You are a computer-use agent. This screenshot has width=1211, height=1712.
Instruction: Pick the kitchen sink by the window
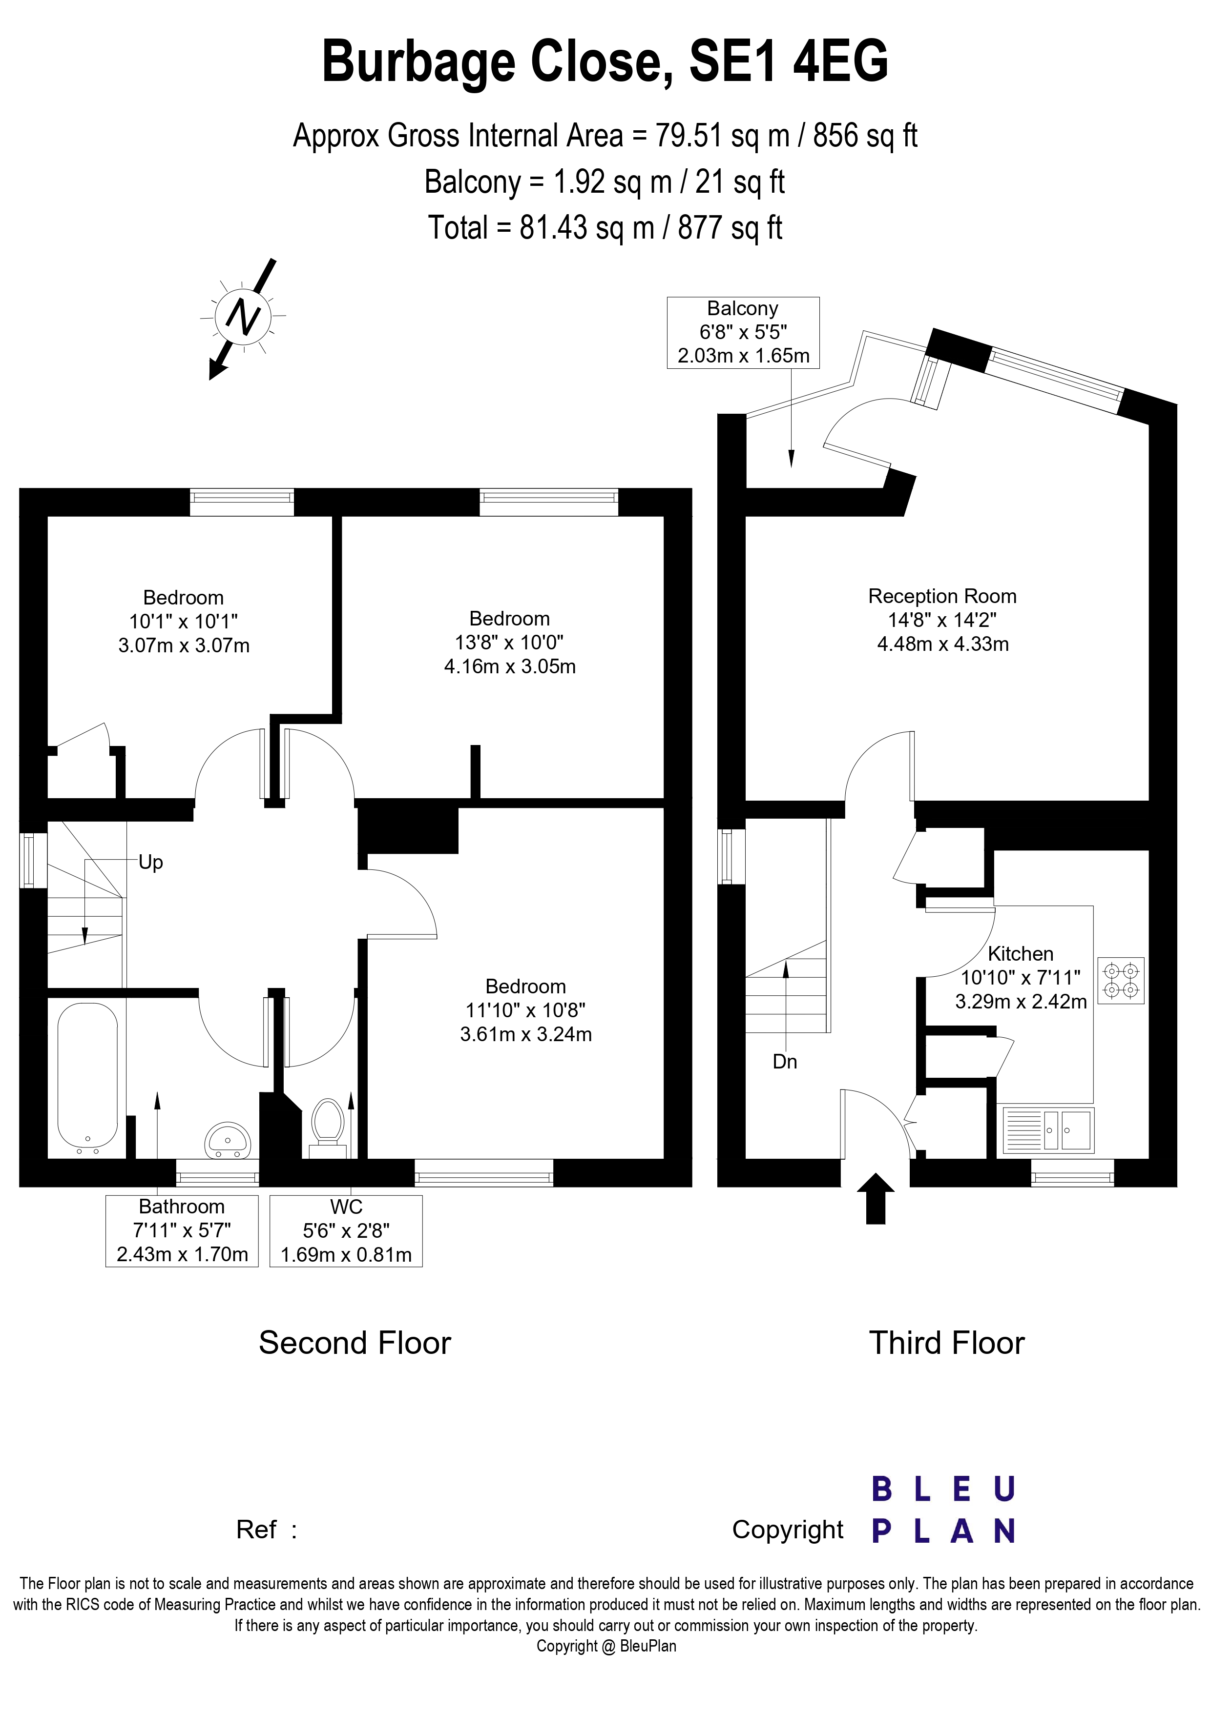(x=1048, y=1129)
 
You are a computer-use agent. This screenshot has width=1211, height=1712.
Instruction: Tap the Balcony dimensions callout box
(x=743, y=333)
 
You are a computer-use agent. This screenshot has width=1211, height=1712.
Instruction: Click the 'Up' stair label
(x=151, y=862)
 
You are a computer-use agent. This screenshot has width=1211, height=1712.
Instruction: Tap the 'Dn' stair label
(x=785, y=1061)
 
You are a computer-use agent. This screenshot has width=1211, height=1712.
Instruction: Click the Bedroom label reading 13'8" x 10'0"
(x=510, y=642)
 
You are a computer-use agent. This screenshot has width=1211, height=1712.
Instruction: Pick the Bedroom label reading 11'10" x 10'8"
(x=526, y=1010)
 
